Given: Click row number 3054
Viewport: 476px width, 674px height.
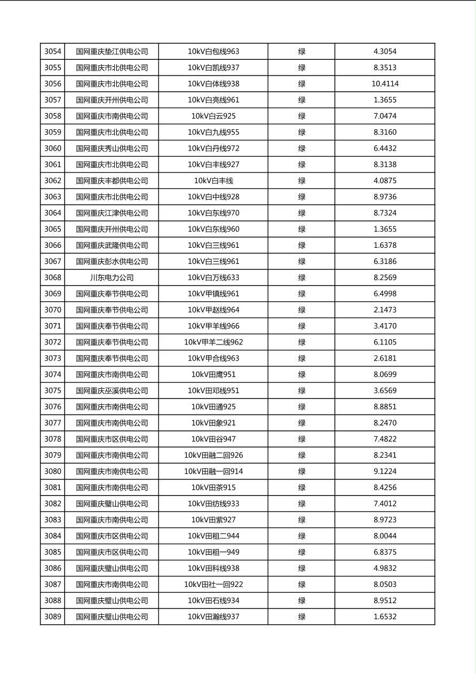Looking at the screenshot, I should (53, 52).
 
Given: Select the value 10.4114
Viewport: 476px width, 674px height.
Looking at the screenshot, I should (385, 84).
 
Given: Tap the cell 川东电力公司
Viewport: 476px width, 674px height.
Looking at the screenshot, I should (112, 278).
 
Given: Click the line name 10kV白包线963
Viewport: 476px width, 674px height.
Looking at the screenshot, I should (213, 52).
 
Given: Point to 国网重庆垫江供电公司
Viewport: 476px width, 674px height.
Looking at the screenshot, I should (112, 52).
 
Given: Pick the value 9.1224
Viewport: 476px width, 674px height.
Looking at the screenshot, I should (385, 472).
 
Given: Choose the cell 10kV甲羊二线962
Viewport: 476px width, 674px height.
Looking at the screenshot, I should (213, 342).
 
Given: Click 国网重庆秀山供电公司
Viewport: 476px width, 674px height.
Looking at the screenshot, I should (112, 148).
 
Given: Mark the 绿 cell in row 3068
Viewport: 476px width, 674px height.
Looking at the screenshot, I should (302, 278).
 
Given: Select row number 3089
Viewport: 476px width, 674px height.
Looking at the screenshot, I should (53, 617).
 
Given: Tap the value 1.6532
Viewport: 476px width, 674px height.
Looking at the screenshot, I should (385, 617).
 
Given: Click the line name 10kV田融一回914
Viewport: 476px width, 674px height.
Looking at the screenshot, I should (213, 472).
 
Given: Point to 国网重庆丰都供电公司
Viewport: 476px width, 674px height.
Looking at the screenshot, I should (112, 181).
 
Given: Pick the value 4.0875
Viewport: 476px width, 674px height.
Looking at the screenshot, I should (385, 181).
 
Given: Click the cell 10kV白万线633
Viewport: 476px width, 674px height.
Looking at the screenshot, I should (213, 278).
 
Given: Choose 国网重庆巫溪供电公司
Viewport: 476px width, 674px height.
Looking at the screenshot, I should (112, 391).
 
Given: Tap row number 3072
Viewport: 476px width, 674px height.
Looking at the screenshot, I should (53, 342).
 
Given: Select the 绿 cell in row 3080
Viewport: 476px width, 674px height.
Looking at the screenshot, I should (302, 472).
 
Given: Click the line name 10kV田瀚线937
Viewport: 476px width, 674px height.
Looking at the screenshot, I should (213, 617).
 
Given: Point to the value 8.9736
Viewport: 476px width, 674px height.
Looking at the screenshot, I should (385, 197).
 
